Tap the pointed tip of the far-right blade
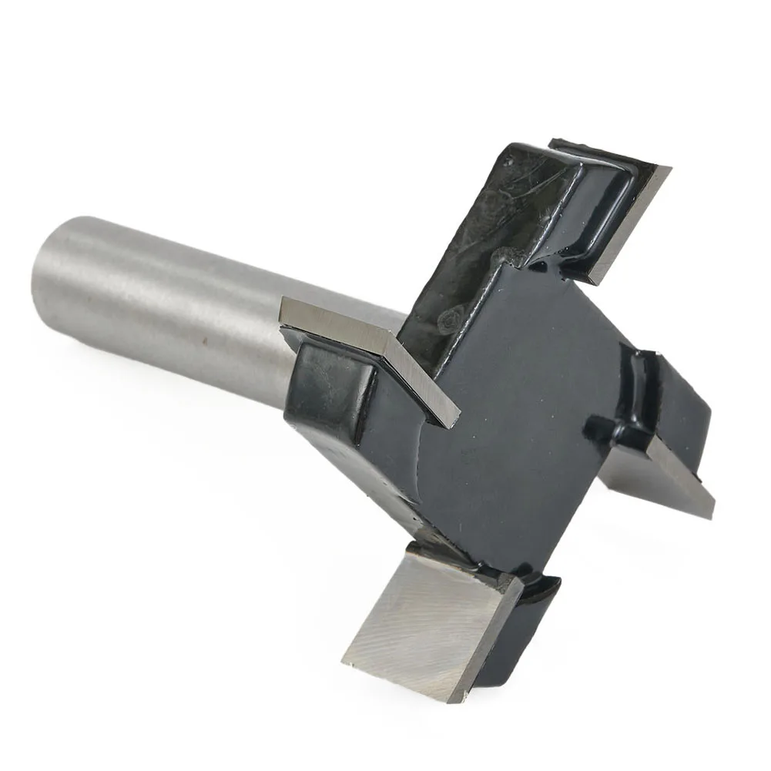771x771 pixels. pyautogui.click(x=712, y=511)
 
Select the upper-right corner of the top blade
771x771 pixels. pyautogui.click(x=669, y=170)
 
